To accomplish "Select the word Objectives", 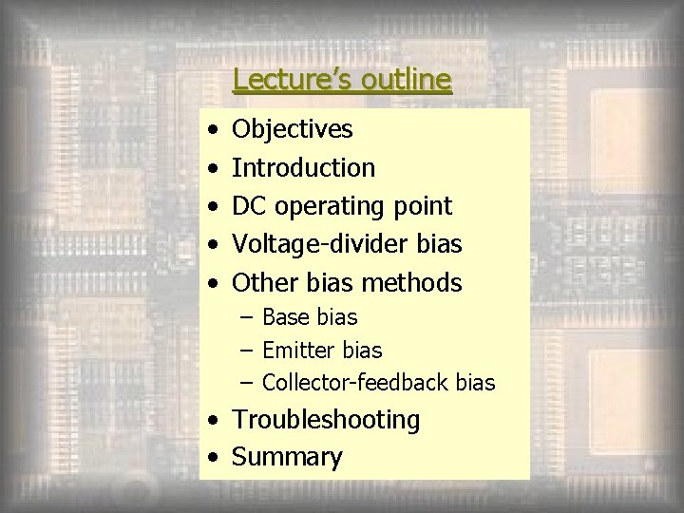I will click(x=293, y=129).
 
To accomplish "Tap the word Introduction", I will click(x=304, y=168).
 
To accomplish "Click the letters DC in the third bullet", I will click(x=250, y=206).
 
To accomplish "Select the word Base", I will click(x=285, y=316).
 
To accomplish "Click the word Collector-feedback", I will click(x=355, y=383).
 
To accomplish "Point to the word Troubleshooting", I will click(x=326, y=420).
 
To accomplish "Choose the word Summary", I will click(x=287, y=458).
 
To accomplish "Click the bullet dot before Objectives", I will click(x=218, y=130).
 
